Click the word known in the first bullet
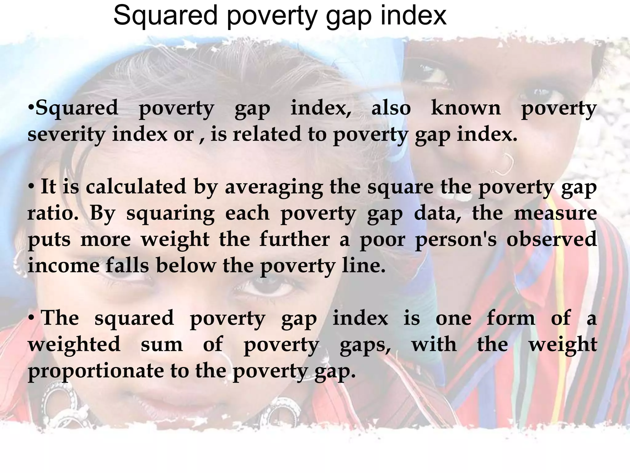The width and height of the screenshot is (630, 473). (466, 108)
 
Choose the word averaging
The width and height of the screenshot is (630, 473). (274, 187)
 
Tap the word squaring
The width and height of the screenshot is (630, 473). (170, 213)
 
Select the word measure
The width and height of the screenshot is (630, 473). (555, 213)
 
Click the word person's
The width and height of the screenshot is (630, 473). (456, 240)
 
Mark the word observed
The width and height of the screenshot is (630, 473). (552, 239)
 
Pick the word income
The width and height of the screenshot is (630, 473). (63, 265)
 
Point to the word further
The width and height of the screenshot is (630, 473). (294, 239)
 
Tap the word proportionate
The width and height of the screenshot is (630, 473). (96, 371)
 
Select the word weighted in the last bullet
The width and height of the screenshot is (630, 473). (74, 344)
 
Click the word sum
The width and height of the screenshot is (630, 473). (162, 344)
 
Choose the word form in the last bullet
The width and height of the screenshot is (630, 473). (511, 318)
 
